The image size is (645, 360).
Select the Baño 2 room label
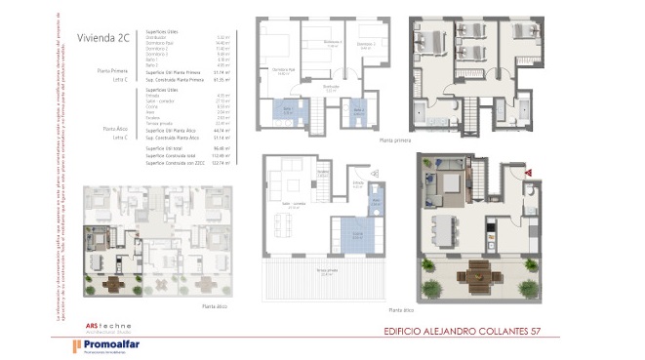click(358, 111)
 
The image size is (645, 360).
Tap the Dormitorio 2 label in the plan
click(333, 43)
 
